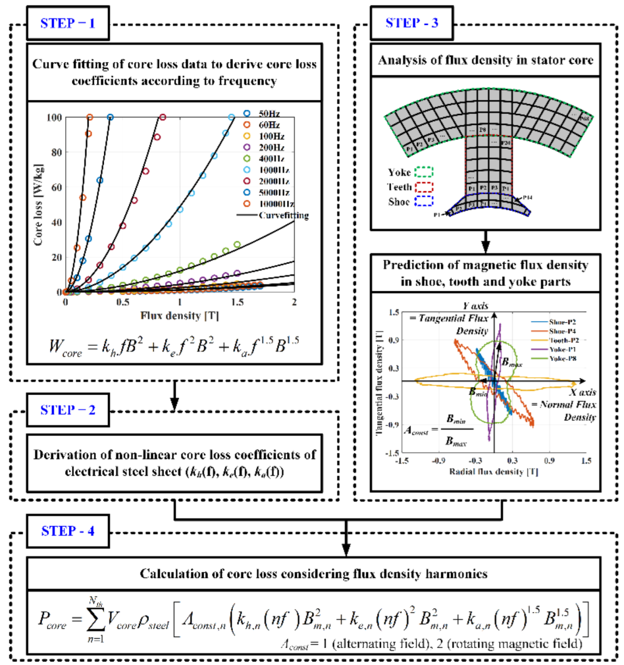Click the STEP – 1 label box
pyautogui.click(x=68, y=23)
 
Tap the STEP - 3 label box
pyautogui.click(x=412, y=23)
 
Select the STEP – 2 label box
pyautogui.click(x=68, y=410)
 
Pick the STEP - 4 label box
pyautogui.click(x=68, y=531)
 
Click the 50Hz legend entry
pyautogui.click(x=263, y=114)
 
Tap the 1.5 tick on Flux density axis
pyautogui.click(x=237, y=302)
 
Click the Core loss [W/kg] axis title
pyautogui.click(x=39, y=205)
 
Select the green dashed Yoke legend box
pyautogui.click(x=424, y=172)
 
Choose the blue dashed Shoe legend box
pyautogui.click(x=424, y=201)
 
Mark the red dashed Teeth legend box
pyautogui.click(x=424, y=187)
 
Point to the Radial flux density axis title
pyautogui.click(x=493, y=472)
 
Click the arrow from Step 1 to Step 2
pyautogui.click(x=174, y=395)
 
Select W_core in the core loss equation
pyautogui.click(x=66, y=347)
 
